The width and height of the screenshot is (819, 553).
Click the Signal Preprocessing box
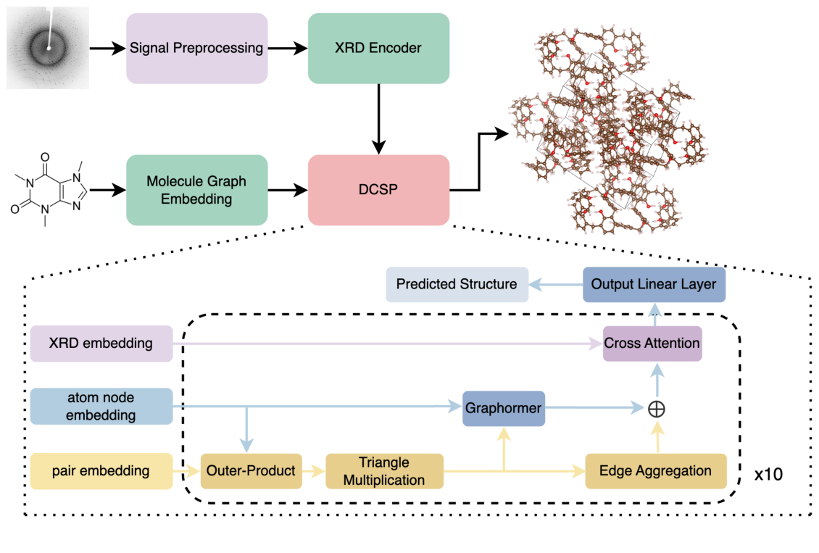(196, 49)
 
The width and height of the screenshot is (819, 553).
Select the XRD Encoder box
(378, 49)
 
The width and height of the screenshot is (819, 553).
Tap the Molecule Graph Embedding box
(196, 190)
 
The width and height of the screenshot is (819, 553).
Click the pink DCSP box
(378, 190)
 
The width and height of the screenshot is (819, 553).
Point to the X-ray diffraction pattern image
(48, 48)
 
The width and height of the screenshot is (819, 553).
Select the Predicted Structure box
(457, 284)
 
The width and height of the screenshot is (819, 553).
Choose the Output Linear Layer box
(654, 284)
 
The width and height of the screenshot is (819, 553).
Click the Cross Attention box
(652, 343)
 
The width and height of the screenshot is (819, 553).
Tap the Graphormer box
(504, 408)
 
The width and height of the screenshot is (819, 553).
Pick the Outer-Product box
(251, 471)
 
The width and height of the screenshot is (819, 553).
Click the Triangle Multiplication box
(384, 471)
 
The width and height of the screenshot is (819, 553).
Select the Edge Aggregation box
(655, 471)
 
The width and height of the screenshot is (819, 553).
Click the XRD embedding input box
(101, 343)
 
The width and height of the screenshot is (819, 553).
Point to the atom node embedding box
(101, 406)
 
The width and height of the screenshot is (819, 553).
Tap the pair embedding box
(101, 471)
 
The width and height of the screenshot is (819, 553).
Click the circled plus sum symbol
(656, 409)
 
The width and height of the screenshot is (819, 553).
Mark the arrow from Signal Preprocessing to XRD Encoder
(288, 49)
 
